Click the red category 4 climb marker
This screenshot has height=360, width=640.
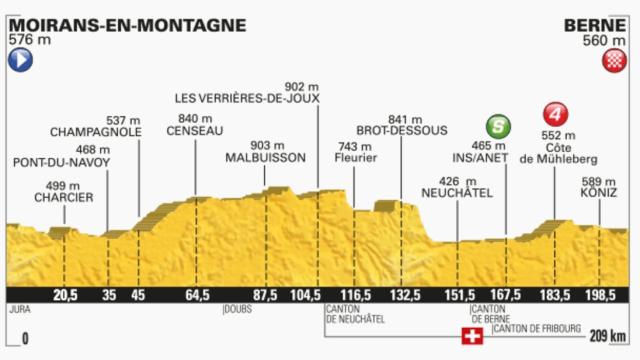(x=553, y=113)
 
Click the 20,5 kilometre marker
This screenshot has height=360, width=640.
(x=66, y=295)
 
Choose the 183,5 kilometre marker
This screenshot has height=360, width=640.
(x=553, y=295)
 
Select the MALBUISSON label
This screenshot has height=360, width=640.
(x=264, y=158)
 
